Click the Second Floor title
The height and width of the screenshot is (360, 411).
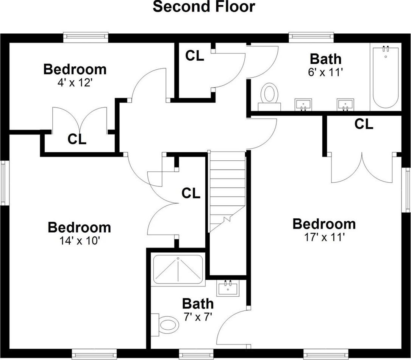[204, 6]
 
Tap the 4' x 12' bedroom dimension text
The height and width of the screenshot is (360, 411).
[75, 83]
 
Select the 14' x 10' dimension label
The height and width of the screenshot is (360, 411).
[80, 240]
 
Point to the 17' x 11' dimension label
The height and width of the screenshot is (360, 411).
[324, 237]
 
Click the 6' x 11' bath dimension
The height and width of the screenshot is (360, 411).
[325, 72]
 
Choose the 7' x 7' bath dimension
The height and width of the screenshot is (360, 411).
[198, 317]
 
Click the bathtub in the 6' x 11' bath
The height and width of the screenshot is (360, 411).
[386, 77]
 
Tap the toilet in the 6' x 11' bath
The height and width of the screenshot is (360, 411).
[270, 97]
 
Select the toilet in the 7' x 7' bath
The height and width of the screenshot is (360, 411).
[165, 325]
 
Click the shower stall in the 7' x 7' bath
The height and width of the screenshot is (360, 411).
[178, 269]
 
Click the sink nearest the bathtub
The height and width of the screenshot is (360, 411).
[345, 105]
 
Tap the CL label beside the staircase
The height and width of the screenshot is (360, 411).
[191, 193]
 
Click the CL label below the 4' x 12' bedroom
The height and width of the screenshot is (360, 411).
[77, 139]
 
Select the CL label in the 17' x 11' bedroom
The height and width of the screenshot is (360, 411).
[364, 124]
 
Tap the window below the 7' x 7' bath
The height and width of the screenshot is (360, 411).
[196, 354]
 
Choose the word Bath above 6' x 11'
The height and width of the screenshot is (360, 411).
[325, 59]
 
